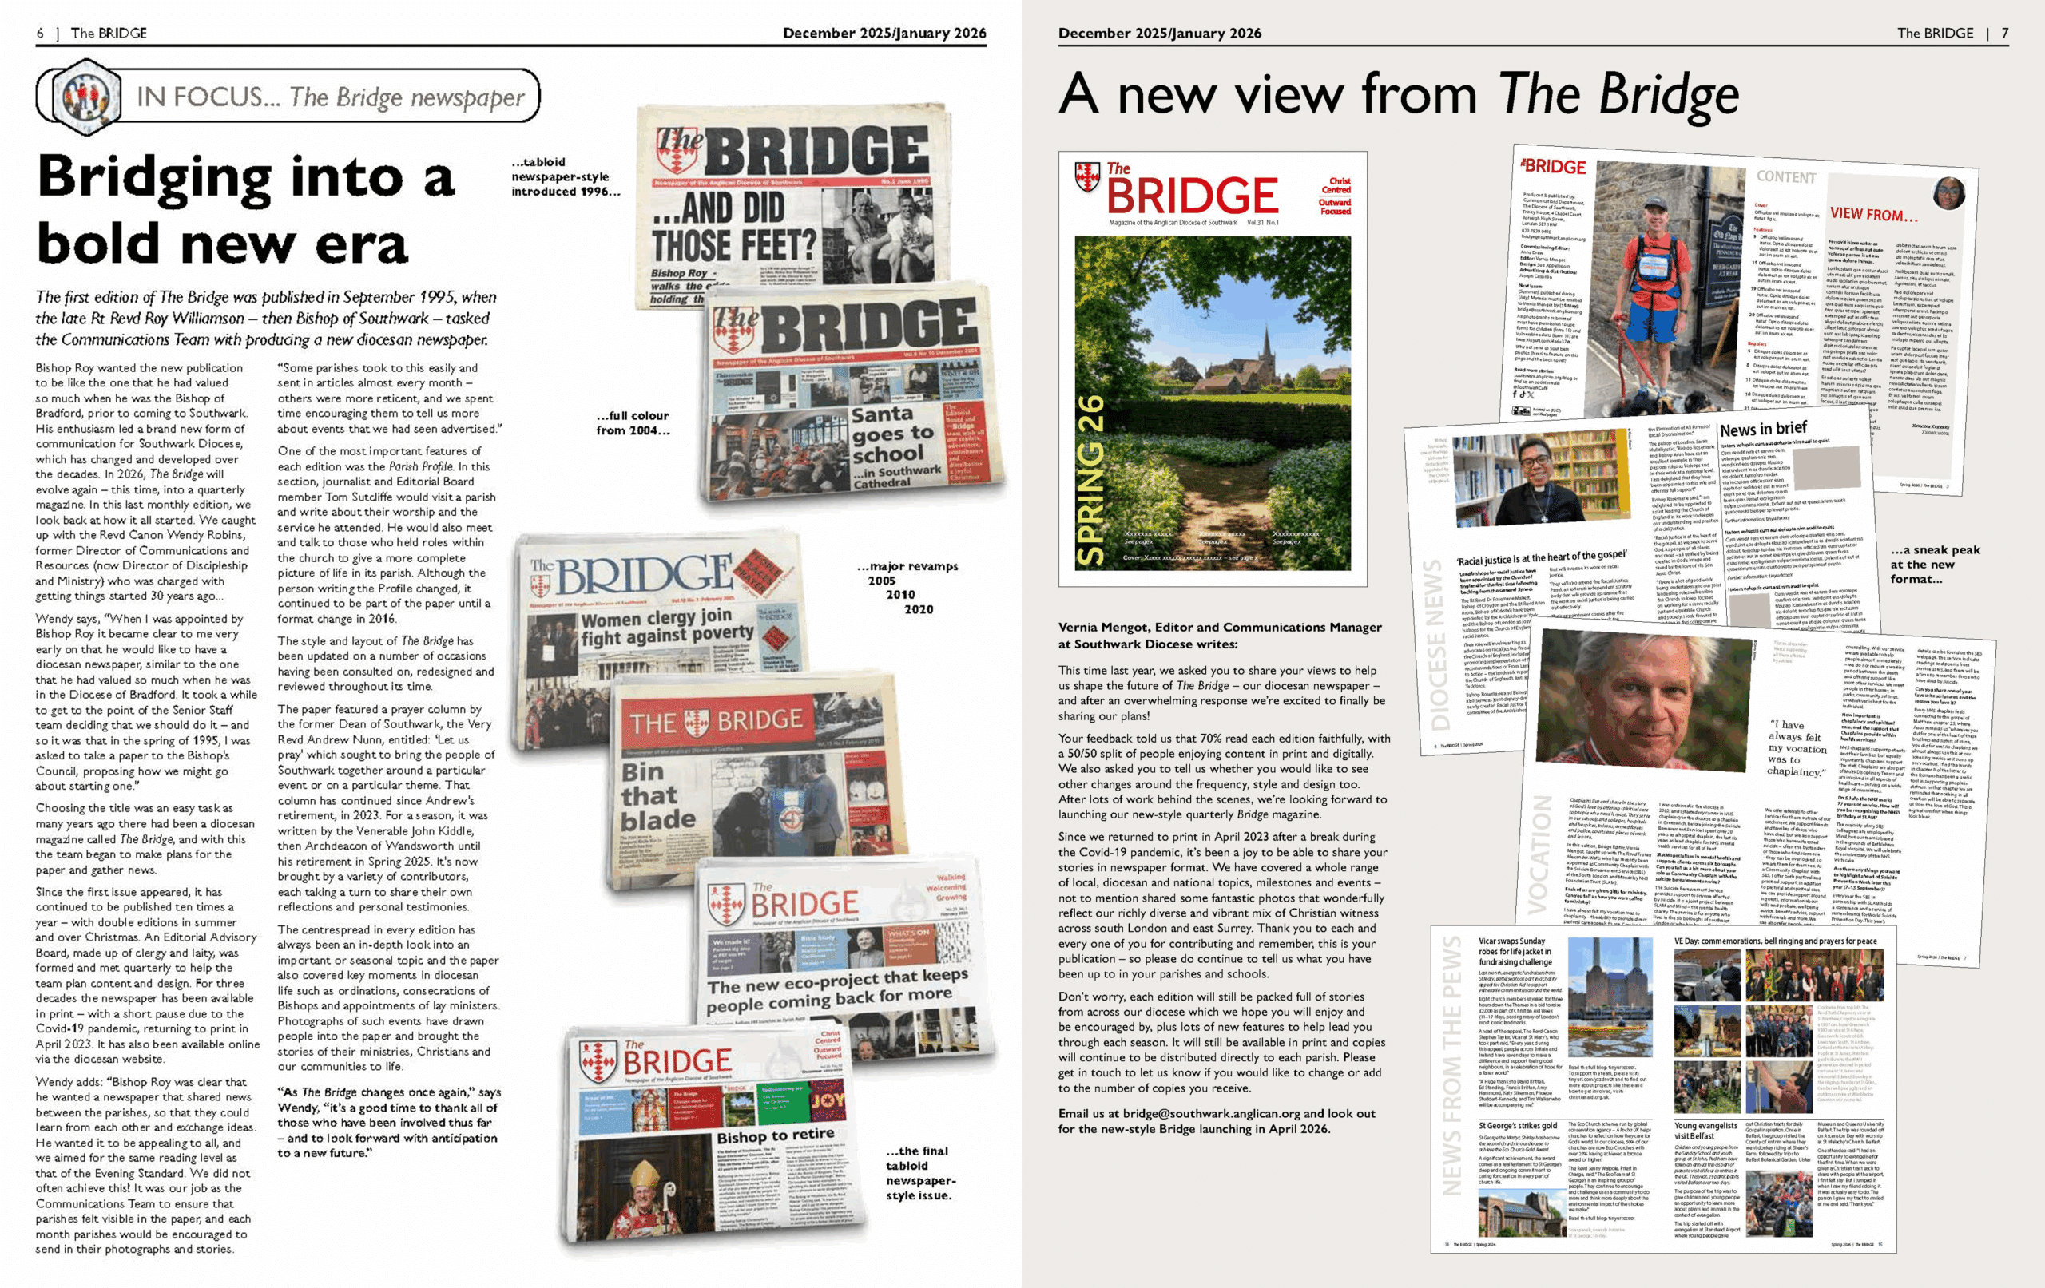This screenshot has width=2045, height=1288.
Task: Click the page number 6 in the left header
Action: (40, 33)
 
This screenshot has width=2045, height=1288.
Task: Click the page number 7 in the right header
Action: (2004, 33)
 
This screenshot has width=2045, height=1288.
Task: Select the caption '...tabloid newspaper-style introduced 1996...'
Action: (565, 176)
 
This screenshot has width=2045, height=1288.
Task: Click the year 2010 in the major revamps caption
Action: (900, 594)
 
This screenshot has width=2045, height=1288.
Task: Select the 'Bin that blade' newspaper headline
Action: (657, 795)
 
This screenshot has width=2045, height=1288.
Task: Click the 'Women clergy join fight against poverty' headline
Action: (667, 626)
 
